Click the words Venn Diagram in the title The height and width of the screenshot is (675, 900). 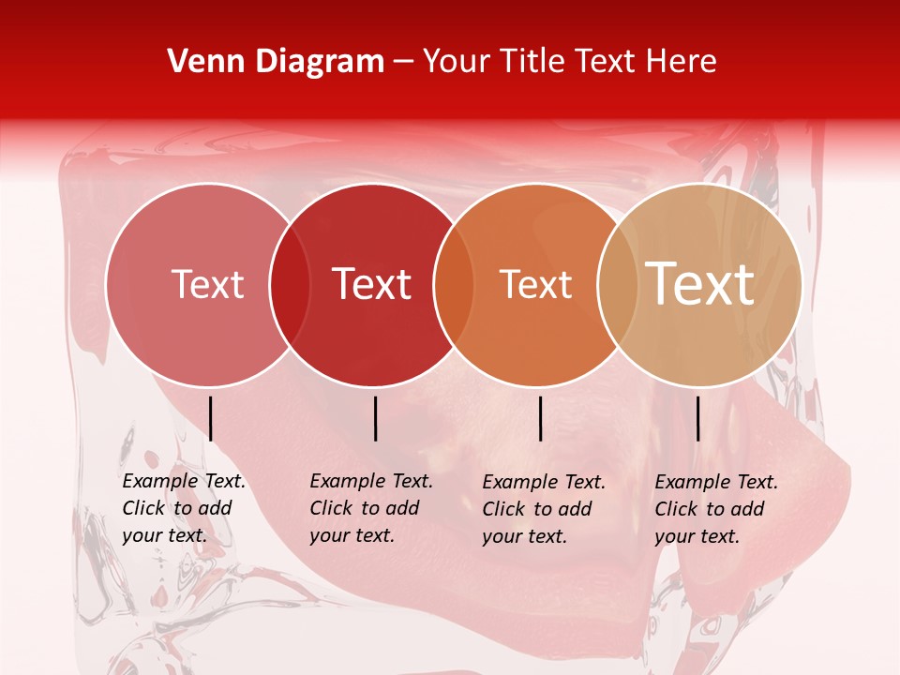pyautogui.click(x=276, y=62)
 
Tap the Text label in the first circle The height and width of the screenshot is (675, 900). pyautogui.click(x=207, y=284)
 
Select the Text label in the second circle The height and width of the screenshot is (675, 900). pyautogui.click(x=372, y=284)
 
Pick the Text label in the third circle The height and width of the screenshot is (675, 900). pyautogui.click(x=535, y=284)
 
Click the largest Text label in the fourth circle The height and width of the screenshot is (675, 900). pyautogui.click(x=700, y=284)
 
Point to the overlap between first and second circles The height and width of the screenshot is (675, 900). pyautogui.click(x=290, y=285)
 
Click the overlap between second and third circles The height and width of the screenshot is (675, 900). pyautogui.click(x=454, y=285)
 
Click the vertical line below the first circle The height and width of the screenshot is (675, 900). pyautogui.click(x=211, y=418)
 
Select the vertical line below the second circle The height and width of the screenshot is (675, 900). pyautogui.click(x=375, y=418)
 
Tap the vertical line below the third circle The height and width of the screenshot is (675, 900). pyautogui.click(x=541, y=418)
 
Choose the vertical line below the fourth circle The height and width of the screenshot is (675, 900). pyautogui.click(x=697, y=418)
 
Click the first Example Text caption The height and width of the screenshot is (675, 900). pyautogui.click(x=184, y=508)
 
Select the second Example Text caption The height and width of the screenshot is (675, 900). pyautogui.click(x=371, y=508)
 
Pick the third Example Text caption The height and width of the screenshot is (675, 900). pyautogui.click(x=544, y=509)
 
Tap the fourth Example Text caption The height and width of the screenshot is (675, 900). pyautogui.click(x=716, y=509)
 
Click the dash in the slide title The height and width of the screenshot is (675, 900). pyautogui.click(x=403, y=62)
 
